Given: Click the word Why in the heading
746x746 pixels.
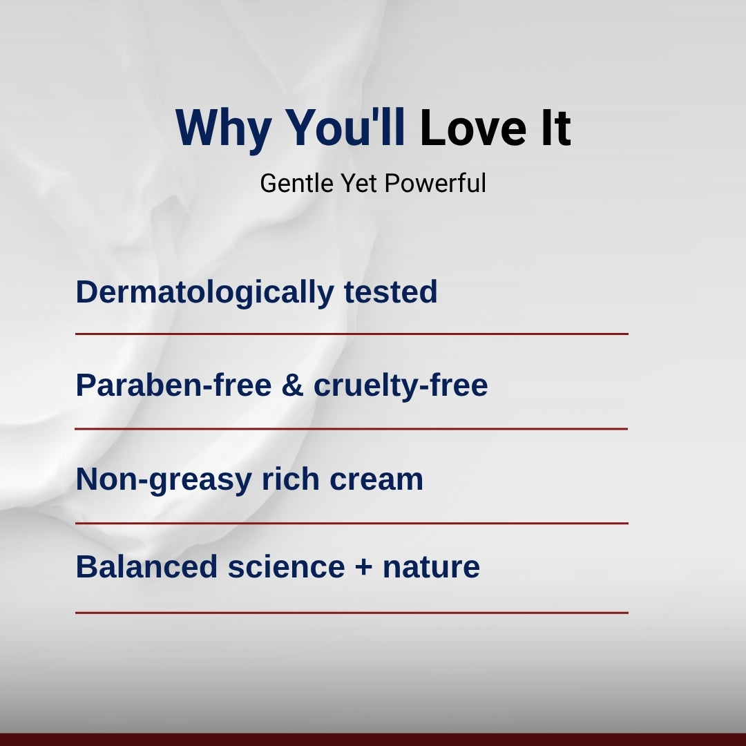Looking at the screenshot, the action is point(224,129).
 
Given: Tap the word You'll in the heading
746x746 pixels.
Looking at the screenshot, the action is point(345,127).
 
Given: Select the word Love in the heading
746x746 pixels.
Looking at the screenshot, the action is point(473,128).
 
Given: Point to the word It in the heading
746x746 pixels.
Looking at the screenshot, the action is point(555,128).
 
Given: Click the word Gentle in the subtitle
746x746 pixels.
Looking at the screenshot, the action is point(297,183).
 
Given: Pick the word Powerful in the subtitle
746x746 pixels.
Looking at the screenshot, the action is point(435,183).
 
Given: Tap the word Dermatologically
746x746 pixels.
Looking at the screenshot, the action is point(204,293).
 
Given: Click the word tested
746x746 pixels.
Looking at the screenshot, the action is point(390,291).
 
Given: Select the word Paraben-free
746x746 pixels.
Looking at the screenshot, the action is point(173,385).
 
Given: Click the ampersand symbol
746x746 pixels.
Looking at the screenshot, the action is point(293,385).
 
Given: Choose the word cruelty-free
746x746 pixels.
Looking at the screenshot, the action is point(401,385).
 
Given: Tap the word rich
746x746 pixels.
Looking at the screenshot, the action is point(291,479).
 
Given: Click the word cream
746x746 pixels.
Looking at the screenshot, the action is point(376,480).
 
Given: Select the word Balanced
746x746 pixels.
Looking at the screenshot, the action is point(146,566).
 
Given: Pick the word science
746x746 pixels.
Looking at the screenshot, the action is point(286,566).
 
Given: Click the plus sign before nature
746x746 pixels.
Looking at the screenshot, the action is point(363,567).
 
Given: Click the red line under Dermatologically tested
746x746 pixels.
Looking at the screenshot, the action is point(352,334).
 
